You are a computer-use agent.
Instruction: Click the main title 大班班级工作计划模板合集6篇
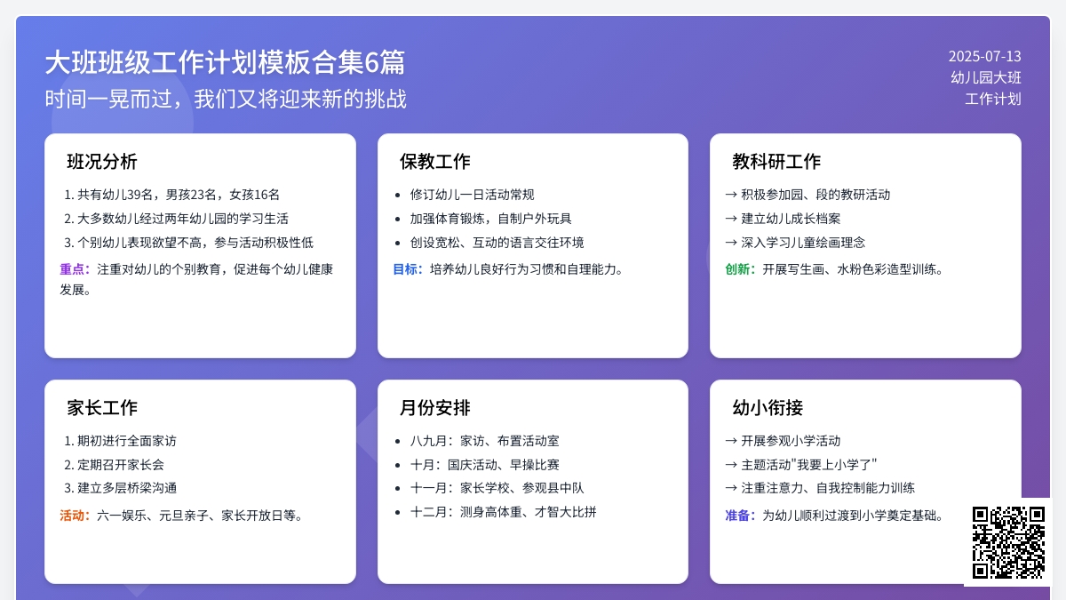[225, 62]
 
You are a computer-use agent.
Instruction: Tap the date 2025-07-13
[984, 56]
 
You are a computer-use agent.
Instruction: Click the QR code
[1007, 541]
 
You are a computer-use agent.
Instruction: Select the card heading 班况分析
[102, 162]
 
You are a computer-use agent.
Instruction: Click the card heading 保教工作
[434, 162]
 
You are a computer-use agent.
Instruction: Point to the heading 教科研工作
[776, 162]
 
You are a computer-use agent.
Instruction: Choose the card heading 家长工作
[102, 408]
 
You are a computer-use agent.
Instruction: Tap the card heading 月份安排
[434, 408]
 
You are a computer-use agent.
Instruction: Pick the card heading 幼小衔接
[768, 408]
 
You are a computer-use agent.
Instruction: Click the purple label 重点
[75, 269]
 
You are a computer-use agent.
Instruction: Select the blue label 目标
[408, 269]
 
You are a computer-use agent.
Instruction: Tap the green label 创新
[740, 269]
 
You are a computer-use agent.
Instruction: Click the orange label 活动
[75, 516]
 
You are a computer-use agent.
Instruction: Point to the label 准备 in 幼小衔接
[740, 516]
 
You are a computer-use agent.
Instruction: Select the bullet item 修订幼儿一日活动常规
[472, 195]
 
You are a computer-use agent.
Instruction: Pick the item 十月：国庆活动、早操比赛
[484, 465]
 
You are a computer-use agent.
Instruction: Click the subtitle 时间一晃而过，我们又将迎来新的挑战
[226, 99]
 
